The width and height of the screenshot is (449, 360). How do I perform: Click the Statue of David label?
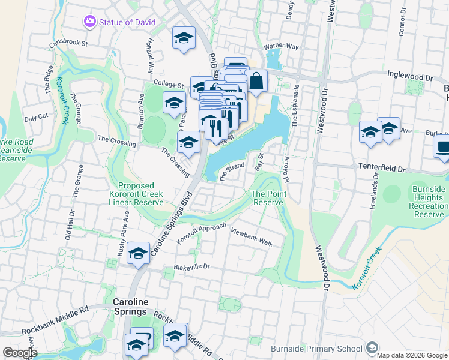click(128, 22)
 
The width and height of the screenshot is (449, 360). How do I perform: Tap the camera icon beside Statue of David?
click(90, 22)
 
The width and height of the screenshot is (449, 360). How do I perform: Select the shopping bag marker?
click(256, 82)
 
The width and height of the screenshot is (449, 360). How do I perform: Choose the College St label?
click(168, 85)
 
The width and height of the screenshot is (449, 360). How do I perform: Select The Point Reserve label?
click(267, 198)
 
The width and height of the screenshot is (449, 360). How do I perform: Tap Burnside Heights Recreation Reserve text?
click(429, 202)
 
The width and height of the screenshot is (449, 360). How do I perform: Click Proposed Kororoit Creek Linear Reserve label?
click(136, 194)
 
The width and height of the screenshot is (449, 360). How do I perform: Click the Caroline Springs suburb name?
click(130, 307)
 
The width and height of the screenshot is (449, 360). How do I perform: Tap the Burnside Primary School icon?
click(372, 348)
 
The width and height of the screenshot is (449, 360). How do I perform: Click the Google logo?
click(20, 353)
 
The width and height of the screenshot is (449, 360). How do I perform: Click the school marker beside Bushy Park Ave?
click(138, 253)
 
